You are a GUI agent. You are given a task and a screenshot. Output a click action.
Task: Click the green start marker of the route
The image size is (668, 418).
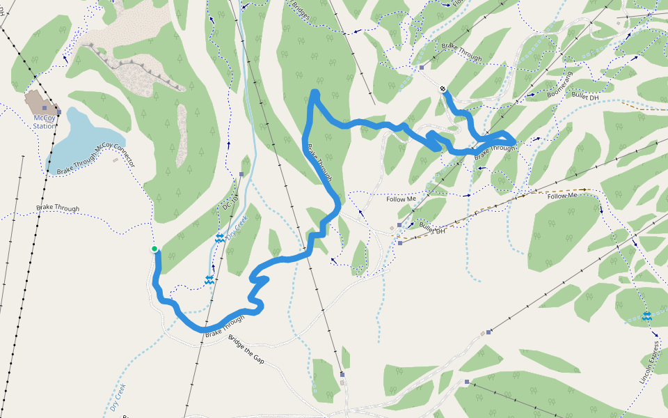154,249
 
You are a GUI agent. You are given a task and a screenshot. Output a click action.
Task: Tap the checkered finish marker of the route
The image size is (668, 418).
443,89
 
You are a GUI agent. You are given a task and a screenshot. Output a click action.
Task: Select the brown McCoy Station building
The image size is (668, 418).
42,102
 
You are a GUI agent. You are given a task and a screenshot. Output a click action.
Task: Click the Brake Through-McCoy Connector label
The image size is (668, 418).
95,158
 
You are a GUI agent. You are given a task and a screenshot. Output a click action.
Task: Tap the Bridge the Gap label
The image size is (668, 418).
246,350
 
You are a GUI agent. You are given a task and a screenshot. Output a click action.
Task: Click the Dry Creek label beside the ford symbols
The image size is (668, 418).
238,228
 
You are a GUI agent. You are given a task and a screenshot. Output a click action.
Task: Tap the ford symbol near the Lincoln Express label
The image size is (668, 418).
646,317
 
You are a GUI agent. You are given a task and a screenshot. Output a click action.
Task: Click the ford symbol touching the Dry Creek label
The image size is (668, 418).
220,238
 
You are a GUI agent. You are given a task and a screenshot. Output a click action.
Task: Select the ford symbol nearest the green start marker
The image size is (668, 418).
209,280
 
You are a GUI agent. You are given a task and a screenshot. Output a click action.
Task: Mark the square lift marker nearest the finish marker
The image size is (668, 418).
422,68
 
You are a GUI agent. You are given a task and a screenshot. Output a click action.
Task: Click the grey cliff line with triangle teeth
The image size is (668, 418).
139,68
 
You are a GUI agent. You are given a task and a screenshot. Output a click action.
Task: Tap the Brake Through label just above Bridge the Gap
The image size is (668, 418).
225,327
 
